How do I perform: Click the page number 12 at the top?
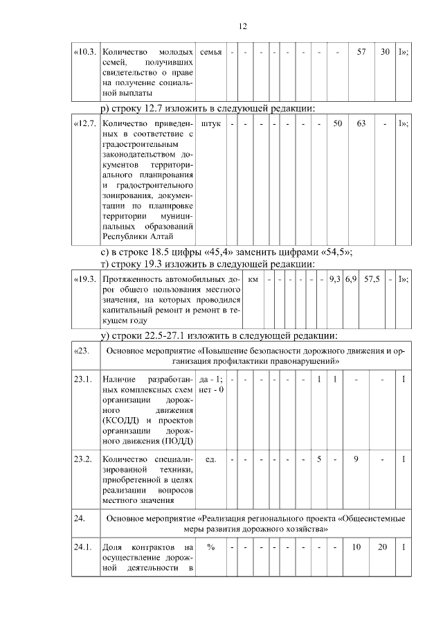tap(243, 26)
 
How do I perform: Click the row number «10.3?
tap(86, 52)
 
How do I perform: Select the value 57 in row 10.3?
tap(361, 52)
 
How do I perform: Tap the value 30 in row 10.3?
tap(385, 52)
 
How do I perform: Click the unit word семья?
tap(210, 52)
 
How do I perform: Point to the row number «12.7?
tap(86, 124)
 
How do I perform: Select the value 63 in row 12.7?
tap(361, 124)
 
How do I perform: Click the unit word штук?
tap(210, 124)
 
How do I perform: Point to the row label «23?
tap(82, 351)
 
